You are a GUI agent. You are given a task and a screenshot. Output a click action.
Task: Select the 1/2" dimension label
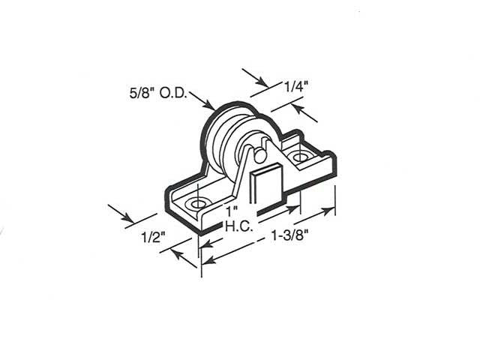pos(152,239)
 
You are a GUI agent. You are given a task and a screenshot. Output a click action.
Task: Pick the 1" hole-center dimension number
pos(234,208)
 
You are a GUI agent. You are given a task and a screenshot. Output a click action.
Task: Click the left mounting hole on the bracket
pos(198,203)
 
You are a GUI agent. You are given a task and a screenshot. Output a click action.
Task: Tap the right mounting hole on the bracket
pos(301,158)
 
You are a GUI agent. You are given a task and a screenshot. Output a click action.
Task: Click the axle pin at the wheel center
pos(257,155)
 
